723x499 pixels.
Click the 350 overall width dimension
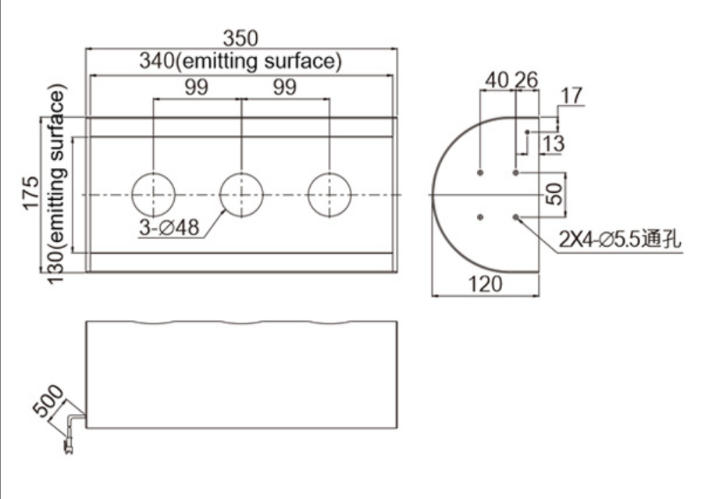(240, 37)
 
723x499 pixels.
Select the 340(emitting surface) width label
(240, 61)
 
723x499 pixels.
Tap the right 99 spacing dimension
(284, 87)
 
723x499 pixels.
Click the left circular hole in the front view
(154, 194)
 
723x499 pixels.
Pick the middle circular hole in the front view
(241, 194)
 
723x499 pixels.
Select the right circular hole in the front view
(329, 194)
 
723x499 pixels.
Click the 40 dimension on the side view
(497, 80)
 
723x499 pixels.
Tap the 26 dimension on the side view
(527, 80)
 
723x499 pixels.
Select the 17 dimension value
(572, 97)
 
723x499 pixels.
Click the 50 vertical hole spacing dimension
(554, 194)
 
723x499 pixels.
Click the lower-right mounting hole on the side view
(516, 217)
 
